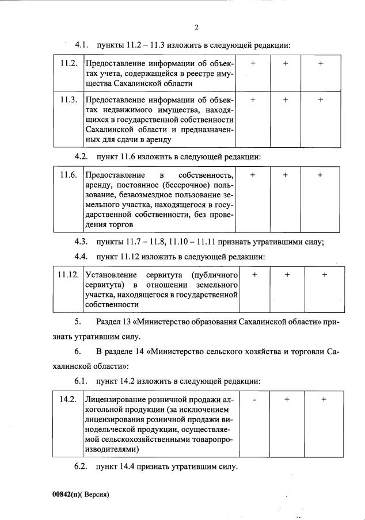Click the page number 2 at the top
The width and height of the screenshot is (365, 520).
pyautogui.click(x=196, y=26)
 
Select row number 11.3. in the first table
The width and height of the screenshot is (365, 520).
pyautogui.click(x=69, y=100)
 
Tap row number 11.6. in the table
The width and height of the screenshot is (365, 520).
pyautogui.click(x=69, y=175)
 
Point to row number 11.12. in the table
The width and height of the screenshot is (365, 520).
pyautogui.click(x=68, y=274)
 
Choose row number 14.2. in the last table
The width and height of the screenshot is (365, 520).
pyautogui.click(x=69, y=399)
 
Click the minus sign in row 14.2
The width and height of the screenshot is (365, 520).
pyautogui.click(x=253, y=399)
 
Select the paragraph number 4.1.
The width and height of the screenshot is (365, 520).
pyautogui.click(x=81, y=44)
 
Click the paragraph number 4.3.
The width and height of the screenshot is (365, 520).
pyautogui.click(x=81, y=241)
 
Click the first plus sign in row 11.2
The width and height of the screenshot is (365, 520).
pyautogui.click(x=253, y=63)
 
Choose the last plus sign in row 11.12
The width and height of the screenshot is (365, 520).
pyautogui.click(x=325, y=275)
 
